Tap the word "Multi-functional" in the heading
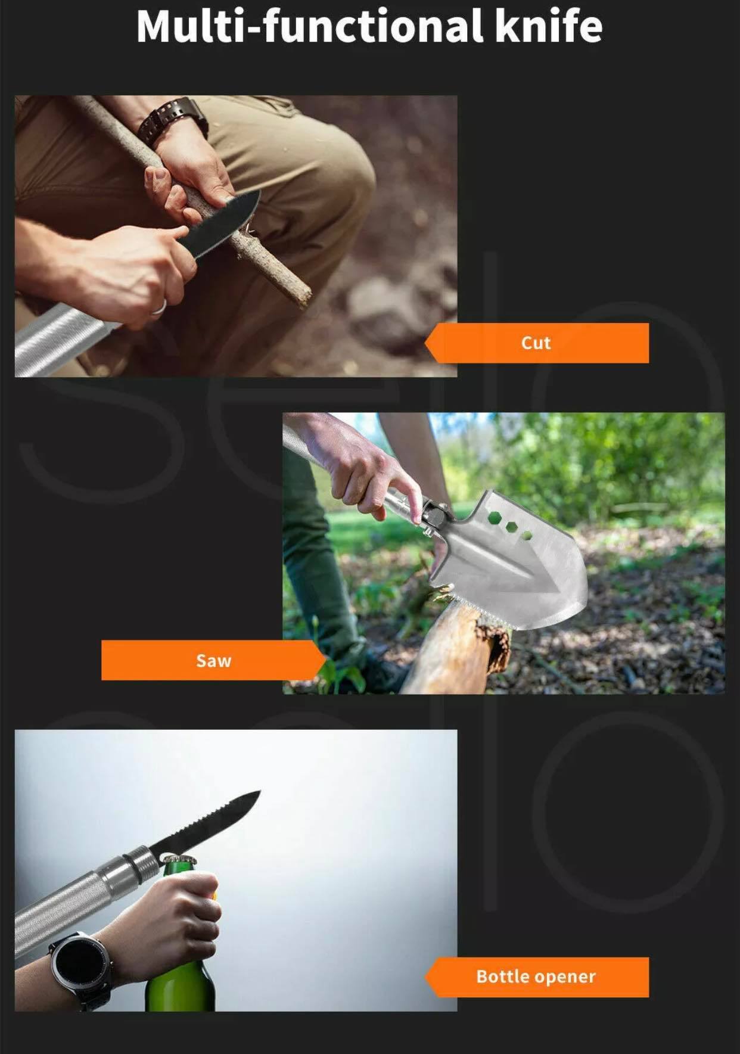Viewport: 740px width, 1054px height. click(x=309, y=27)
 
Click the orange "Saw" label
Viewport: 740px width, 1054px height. click(x=214, y=660)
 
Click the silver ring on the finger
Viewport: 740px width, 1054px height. click(x=158, y=307)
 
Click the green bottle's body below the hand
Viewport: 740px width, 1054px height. click(x=179, y=983)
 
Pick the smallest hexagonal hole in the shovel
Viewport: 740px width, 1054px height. click(x=527, y=535)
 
